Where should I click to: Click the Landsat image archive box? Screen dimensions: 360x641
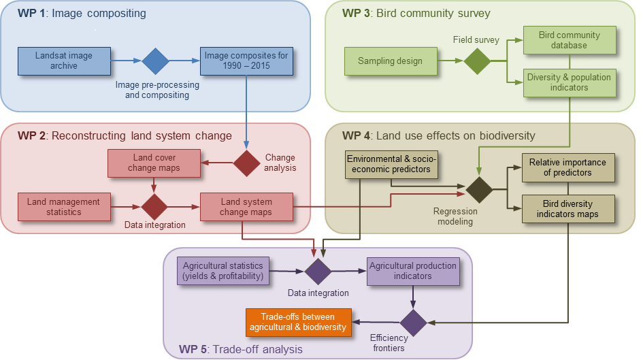click(x=64, y=61)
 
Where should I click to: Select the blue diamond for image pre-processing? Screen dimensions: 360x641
click(x=155, y=61)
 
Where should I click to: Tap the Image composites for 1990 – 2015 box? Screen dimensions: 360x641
click(x=246, y=61)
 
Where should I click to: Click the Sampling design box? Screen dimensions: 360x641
click(x=390, y=61)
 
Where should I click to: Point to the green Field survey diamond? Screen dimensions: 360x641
click(x=477, y=61)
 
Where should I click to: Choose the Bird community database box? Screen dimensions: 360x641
click(x=569, y=40)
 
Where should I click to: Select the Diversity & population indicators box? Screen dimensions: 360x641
click(x=569, y=82)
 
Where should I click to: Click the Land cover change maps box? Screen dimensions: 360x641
click(x=154, y=163)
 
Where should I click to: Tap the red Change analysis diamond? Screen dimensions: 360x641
click(x=246, y=163)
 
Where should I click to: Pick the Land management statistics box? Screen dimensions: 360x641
click(x=64, y=207)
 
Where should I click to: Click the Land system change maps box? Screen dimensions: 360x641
click(x=246, y=207)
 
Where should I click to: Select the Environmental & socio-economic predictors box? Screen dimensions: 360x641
click(x=391, y=164)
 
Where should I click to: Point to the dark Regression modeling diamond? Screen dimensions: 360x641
click(x=478, y=189)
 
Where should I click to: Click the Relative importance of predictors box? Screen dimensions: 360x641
click(x=568, y=167)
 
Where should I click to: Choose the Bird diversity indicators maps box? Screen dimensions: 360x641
click(x=568, y=209)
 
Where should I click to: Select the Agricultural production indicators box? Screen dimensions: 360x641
click(x=413, y=271)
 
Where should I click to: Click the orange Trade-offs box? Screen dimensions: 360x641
click(x=299, y=321)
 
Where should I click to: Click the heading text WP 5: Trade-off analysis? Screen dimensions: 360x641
click(x=241, y=349)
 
